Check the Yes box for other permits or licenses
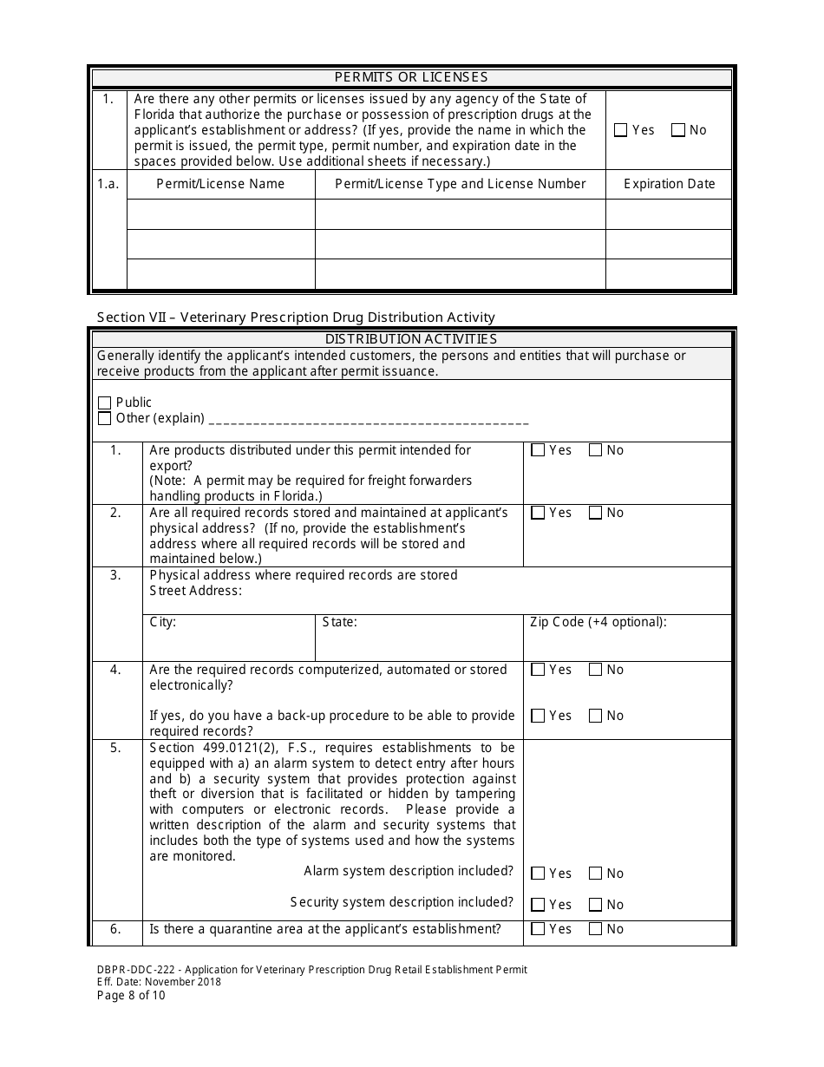click(620, 130)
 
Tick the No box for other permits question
click(678, 130)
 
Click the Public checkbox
click(105, 403)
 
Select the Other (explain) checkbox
click(105, 418)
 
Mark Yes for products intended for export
click(538, 450)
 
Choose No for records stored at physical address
click(596, 513)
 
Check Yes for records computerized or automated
click(538, 670)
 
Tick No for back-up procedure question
click(596, 716)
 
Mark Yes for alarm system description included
click(538, 874)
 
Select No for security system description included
click(596, 905)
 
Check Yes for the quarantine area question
click(538, 929)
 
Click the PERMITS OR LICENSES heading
click(411, 77)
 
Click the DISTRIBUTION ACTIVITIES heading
click(411, 339)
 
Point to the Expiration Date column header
click(669, 184)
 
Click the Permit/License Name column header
click(220, 184)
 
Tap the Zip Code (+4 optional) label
click(598, 622)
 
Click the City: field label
click(163, 622)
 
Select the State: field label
click(339, 622)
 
